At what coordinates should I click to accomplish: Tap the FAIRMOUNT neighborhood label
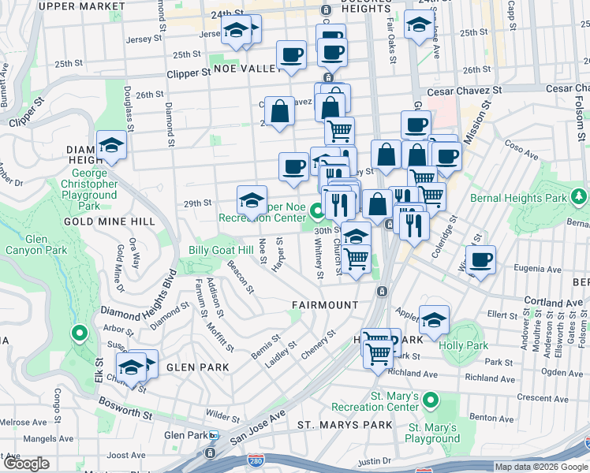pos(325,304)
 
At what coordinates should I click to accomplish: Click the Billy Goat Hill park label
pos(221,250)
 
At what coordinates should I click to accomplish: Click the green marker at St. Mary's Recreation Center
pos(430,400)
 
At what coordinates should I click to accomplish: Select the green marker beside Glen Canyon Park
pos(78,334)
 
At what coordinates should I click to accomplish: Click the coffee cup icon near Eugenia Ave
pos(480,259)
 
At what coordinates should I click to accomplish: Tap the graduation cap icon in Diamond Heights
pos(112,145)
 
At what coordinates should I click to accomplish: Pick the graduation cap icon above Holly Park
pos(434,319)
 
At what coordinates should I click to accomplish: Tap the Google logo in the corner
pos(26,464)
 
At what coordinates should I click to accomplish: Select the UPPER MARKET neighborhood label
pos(77,6)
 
